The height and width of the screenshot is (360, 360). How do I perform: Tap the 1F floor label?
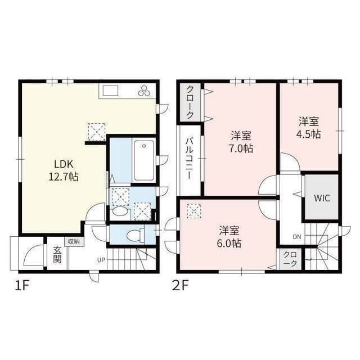tap(22, 286)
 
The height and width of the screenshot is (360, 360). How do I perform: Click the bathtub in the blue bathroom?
tap(144, 160)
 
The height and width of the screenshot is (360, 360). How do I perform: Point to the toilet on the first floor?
tap(134, 236)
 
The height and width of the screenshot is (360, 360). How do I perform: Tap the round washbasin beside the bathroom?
tap(119, 213)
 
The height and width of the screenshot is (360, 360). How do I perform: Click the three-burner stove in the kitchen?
tap(144, 91)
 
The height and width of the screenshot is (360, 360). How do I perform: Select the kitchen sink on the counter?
tap(110, 90)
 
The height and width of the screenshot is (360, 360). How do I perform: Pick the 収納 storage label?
tap(73, 241)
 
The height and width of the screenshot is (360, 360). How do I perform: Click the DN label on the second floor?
tap(296, 237)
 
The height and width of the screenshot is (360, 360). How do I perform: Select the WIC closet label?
tap(322, 198)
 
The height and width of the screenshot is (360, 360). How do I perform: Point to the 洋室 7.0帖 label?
tap(241, 142)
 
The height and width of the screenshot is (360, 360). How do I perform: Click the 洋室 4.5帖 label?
tap(309, 128)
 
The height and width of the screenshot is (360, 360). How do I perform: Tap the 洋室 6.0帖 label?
tap(230, 237)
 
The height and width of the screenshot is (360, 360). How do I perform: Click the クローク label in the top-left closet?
tap(190, 102)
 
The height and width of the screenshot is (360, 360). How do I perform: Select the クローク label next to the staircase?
tap(290, 259)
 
